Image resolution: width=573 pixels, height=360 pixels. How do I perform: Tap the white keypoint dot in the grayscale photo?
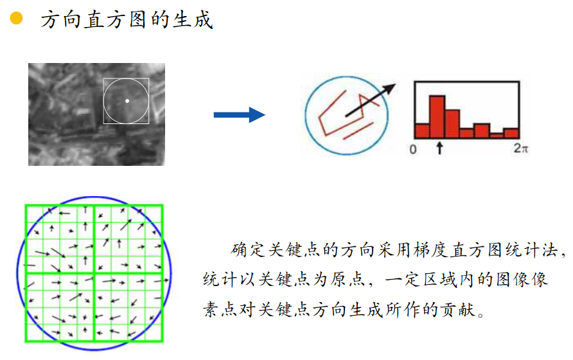tap(127, 101)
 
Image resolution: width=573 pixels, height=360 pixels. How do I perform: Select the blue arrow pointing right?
tap(239, 115)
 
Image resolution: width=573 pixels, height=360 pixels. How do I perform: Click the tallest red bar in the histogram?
tap(437, 116)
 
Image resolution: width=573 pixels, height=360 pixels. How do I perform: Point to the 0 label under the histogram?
tap(414, 149)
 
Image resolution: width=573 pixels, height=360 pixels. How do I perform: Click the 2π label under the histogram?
tap(521, 149)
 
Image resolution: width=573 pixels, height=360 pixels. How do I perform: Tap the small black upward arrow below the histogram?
tap(439, 148)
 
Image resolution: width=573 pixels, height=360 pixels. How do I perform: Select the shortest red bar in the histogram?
tap(496, 135)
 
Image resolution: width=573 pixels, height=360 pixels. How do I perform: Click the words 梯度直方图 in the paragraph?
tap(457, 249)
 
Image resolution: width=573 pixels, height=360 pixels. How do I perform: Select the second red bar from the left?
tap(437, 116)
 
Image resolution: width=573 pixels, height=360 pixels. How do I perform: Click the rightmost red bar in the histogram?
tap(511, 132)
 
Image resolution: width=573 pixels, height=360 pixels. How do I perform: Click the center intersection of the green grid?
tap(94, 273)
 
